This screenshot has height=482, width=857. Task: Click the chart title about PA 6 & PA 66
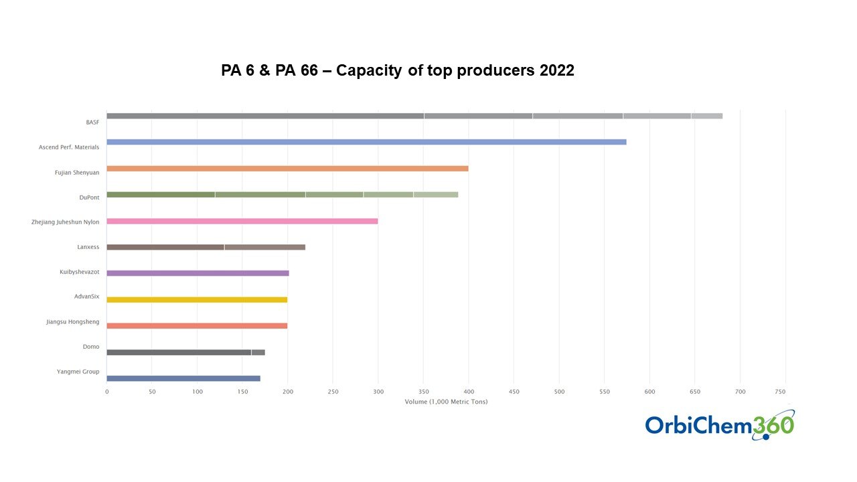(x=398, y=70)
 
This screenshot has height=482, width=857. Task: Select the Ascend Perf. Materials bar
(x=366, y=142)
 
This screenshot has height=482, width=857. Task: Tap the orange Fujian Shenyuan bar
(x=287, y=168)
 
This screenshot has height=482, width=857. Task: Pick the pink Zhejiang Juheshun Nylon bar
(x=242, y=221)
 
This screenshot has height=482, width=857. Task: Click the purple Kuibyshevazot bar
(x=198, y=273)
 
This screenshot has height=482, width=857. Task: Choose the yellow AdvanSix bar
(x=197, y=299)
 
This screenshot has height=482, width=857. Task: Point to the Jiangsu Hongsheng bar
(x=197, y=326)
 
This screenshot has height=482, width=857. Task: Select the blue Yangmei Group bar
(x=183, y=378)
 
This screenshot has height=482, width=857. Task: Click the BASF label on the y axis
(x=92, y=123)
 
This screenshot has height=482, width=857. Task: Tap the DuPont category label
(x=89, y=197)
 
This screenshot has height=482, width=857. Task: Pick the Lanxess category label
(x=88, y=247)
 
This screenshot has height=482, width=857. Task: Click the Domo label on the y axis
(x=91, y=346)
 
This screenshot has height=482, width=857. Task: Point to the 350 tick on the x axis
(x=424, y=391)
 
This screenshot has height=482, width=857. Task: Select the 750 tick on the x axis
(x=785, y=391)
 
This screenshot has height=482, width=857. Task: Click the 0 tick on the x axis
(x=106, y=391)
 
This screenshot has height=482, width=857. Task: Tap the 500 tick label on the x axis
(x=559, y=391)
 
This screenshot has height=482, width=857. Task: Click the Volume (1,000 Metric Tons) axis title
(x=446, y=402)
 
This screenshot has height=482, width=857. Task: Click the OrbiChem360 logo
(x=720, y=425)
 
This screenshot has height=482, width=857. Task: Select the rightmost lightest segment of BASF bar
(x=706, y=116)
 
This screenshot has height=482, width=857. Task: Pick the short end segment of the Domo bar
(x=258, y=352)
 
